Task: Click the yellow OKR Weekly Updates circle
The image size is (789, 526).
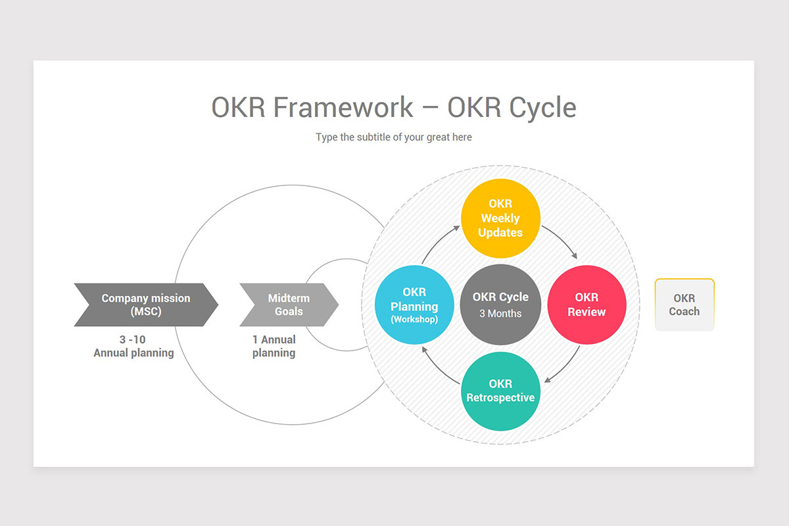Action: coord(500,218)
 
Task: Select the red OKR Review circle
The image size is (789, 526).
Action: coord(586,305)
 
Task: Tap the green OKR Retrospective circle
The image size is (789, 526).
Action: coord(500,391)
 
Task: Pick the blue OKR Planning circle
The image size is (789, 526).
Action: coord(414,305)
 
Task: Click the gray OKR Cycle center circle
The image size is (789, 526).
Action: coord(500,305)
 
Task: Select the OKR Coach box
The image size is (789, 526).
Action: coord(684,305)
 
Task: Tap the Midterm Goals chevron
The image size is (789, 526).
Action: coord(289,305)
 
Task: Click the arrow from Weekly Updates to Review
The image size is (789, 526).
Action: coord(562,243)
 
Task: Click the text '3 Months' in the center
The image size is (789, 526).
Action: coord(500,314)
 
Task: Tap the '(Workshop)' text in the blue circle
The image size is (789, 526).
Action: coord(414,320)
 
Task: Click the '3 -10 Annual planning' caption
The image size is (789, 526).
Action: coord(133,347)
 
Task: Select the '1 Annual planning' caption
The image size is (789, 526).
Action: coord(274,347)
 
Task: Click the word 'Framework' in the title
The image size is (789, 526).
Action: coord(343,107)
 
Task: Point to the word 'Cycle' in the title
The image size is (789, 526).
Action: coord(544,107)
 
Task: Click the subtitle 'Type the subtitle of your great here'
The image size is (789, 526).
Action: coord(394,137)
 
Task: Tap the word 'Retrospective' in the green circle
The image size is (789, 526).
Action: coord(500,398)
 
